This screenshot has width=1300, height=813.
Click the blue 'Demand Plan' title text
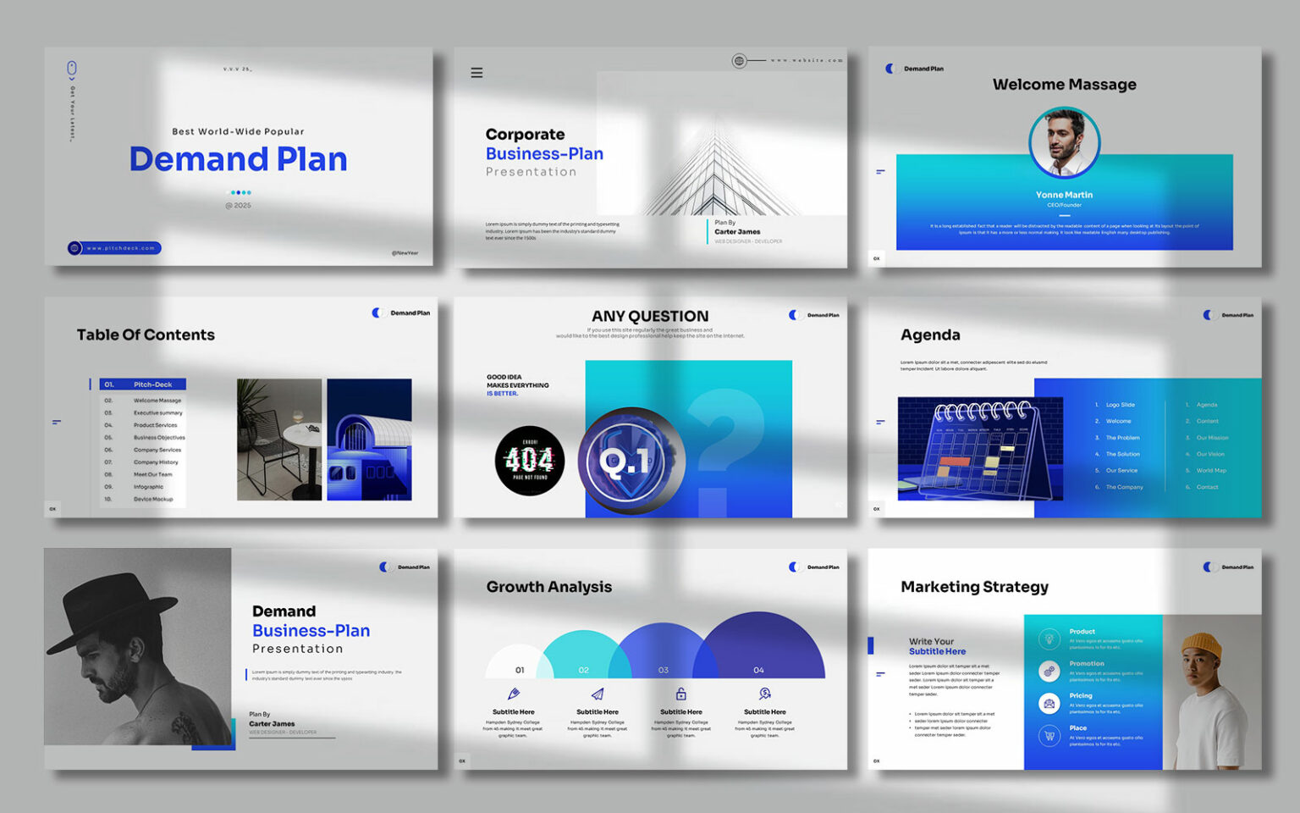click(238, 159)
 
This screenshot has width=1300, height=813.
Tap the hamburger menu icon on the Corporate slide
click(476, 73)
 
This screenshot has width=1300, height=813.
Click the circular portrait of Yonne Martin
click(1064, 142)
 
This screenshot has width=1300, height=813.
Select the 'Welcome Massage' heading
click(1064, 85)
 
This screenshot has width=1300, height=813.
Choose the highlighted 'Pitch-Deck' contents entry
click(143, 384)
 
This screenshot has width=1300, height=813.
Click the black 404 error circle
click(530, 461)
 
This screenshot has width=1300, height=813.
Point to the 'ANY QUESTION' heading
click(650, 316)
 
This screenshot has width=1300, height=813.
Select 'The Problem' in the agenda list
click(1122, 438)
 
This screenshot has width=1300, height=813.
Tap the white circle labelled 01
click(519, 665)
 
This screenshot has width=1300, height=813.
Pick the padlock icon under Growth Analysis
click(681, 694)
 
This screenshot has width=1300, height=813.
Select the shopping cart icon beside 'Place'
click(1049, 735)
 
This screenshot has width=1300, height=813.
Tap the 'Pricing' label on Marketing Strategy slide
click(1081, 696)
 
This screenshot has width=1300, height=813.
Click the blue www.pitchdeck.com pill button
click(115, 248)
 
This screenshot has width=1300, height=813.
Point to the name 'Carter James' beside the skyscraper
click(737, 232)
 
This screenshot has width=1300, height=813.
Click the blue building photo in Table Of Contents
click(369, 440)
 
